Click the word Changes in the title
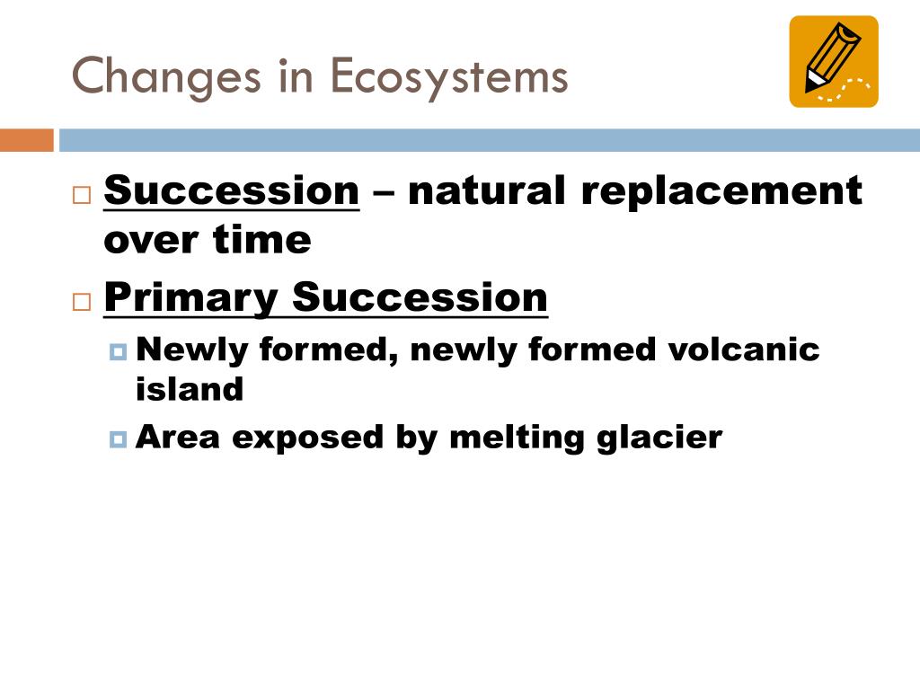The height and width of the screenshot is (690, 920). pos(166,77)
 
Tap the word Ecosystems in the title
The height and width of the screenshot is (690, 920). pos(449,77)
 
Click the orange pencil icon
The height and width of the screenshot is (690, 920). pos(834,62)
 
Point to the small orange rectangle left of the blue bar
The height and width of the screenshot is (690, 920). pos(26,140)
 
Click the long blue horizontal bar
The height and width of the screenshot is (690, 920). pos(490,140)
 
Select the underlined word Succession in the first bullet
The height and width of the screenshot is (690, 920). pos(231,190)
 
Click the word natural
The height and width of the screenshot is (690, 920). pos(486,190)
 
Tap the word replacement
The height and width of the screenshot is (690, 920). pos(721,191)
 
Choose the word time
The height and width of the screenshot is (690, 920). pos(261,239)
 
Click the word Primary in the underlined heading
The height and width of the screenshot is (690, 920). pos(191,298)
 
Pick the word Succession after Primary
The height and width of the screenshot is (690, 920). pos(420,297)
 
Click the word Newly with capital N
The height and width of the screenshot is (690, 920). pos(192,350)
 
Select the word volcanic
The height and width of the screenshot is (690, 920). pos(743,349)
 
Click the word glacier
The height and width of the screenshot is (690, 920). pos(659,438)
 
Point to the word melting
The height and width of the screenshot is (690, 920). pos(517,438)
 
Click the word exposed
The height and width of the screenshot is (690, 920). pos(307,438)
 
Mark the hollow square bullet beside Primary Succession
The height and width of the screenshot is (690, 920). pos(82,302)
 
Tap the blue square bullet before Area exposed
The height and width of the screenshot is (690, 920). pos(118,439)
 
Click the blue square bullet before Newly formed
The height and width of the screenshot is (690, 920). pos(118,352)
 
